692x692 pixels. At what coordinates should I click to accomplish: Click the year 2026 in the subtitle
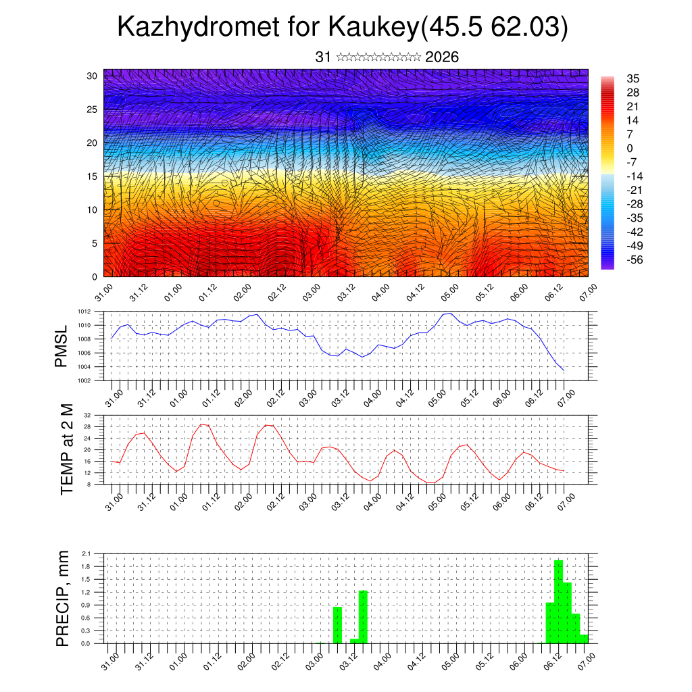pyautogui.click(x=442, y=57)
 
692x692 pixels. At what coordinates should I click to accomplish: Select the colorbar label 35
pyautogui.click(x=633, y=78)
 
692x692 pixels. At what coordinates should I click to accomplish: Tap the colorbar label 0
pyautogui.click(x=630, y=148)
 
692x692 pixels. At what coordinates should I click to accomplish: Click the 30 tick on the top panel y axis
pyautogui.click(x=92, y=76)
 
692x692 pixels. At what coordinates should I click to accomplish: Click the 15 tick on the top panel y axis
pyautogui.click(x=92, y=176)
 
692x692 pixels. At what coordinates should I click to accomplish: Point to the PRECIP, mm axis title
pyautogui.click(x=62, y=597)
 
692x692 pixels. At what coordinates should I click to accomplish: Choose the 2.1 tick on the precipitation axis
pyautogui.click(x=86, y=553)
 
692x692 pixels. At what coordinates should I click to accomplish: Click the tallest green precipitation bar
pyautogui.click(x=558, y=601)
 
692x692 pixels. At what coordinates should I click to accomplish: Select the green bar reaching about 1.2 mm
pyautogui.click(x=363, y=616)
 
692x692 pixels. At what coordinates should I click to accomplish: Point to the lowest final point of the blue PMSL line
pyautogui.click(x=564, y=370)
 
